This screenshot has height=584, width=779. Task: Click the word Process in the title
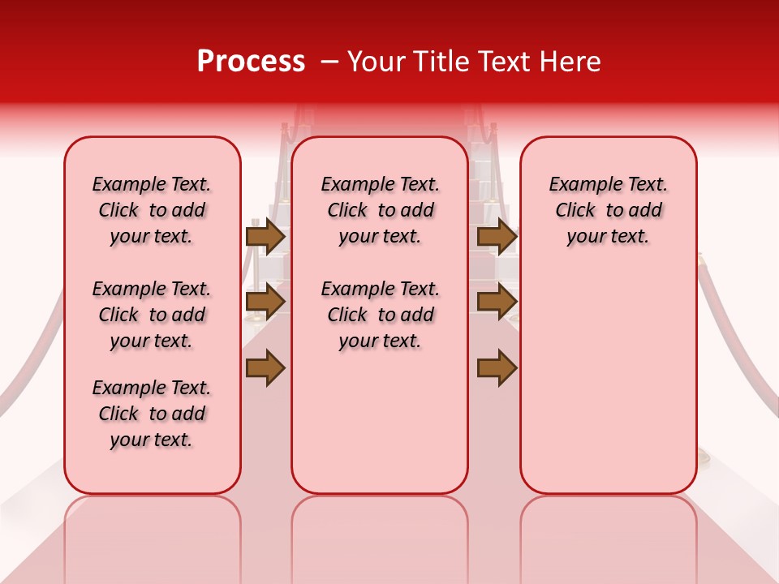pos(251,62)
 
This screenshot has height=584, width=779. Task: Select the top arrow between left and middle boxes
pos(265,236)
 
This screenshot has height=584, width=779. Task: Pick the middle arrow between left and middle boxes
pos(265,302)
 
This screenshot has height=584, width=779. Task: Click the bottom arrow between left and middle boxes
pos(265,367)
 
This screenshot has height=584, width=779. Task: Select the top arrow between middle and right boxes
pos(497,236)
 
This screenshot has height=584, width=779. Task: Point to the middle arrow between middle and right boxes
pos(497,302)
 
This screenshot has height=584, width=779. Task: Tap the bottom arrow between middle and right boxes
pos(497,367)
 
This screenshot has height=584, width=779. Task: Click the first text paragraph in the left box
pos(152,210)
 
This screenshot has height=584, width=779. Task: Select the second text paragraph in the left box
pos(152,315)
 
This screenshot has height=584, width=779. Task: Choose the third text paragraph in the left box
pos(152,414)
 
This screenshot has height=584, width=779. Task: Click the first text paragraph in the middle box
pos(381,210)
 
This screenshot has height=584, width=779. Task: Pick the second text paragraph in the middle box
pos(381,315)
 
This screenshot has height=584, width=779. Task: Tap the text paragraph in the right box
pos(609,210)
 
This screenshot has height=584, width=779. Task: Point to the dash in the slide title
pos(329,62)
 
